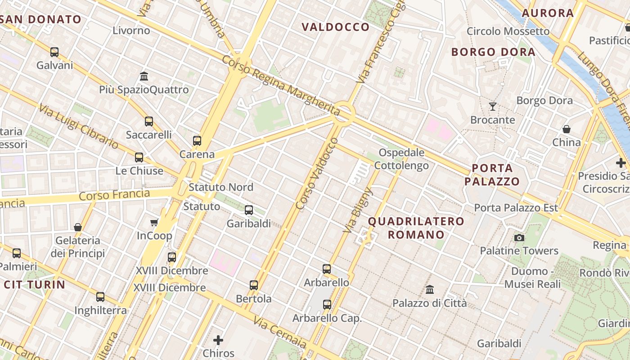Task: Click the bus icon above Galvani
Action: click(x=54, y=52)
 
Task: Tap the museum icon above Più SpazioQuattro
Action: click(x=144, y=76)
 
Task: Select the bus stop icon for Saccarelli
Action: click(x=149, y=121)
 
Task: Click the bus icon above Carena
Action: click(x=197, y=141)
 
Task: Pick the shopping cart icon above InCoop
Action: click(x=154, y=222)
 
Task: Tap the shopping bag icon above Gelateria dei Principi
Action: click(x=78, y=227)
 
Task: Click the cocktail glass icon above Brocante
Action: click(x=493, y=107)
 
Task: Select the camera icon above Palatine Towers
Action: click(x=519, y=238)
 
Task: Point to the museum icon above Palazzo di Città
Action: click(x=430, y=289)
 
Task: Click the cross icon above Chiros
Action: click(x=219, y=340)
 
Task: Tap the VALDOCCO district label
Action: click(x=336, y=27)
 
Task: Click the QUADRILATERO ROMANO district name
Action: click(x=416, y=228)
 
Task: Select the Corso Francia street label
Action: click(x=114, y=195)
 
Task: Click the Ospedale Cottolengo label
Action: click(x=401, y=159)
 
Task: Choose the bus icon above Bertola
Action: click(x=254, y=285)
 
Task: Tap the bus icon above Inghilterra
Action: click(x=100, y=297)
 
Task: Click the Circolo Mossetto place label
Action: click(x=508, y=31)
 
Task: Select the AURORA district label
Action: click(x=548, y=13)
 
